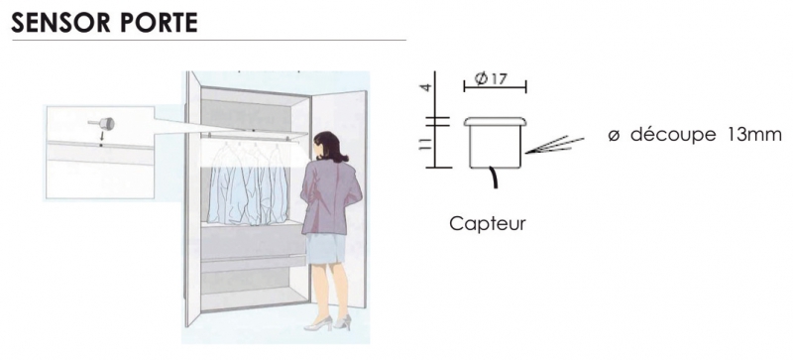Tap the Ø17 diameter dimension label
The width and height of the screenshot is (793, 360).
point(492,79)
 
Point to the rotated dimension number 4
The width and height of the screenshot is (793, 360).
point(427,87)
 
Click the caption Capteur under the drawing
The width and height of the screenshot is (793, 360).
point(488,224)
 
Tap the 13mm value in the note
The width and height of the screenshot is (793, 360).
point(753,134)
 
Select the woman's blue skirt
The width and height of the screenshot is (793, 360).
point(326,248)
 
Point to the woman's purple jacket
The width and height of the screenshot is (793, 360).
point(330,195)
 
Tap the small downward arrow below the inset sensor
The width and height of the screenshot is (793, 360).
point(101,137)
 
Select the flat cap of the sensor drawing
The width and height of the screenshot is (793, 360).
point(495,122)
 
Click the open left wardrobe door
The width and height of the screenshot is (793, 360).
point(193,198)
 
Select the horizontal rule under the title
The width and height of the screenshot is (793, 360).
point(209,40)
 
